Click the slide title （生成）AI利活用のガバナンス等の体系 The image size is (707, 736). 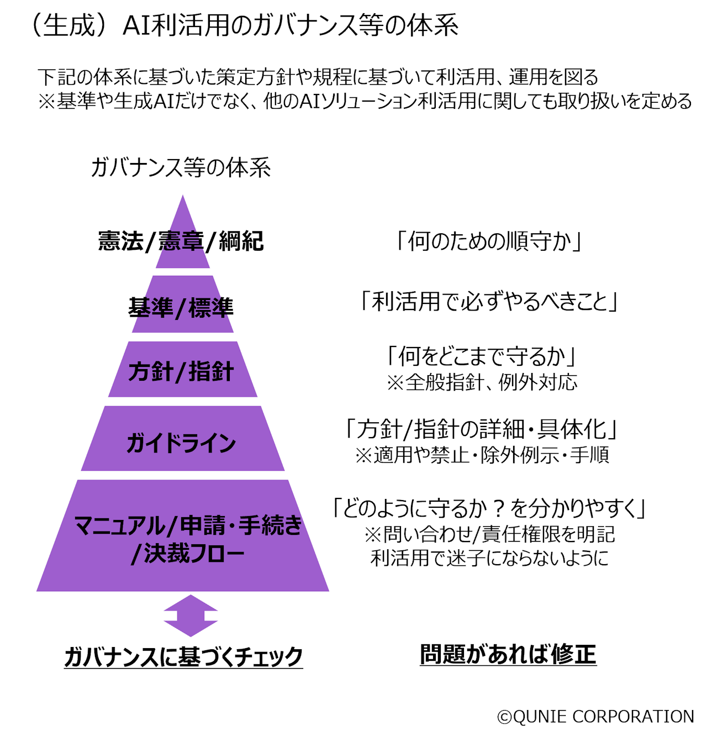[243, 25]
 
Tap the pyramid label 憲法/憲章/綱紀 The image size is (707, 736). [181, 241]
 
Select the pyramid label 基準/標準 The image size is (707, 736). [181, 308]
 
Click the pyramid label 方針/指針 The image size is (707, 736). [181, 371]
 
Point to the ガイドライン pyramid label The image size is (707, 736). [181, 443]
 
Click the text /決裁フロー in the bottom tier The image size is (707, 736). [188, 554]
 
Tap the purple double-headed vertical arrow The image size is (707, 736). [191, 616]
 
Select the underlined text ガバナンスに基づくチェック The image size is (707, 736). [183, 656]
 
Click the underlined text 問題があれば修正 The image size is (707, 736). [508, 655]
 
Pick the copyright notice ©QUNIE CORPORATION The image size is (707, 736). [595, 717]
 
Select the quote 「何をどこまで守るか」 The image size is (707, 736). [481, 356]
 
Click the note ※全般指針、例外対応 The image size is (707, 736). [482, 382]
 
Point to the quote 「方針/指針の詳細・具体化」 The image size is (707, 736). [481, 429]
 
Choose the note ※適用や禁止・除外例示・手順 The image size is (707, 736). [482, 455]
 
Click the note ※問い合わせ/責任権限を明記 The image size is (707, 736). [489, 534]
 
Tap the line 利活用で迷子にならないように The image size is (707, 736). [489, 558]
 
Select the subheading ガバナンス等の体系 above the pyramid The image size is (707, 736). [181, 167]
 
